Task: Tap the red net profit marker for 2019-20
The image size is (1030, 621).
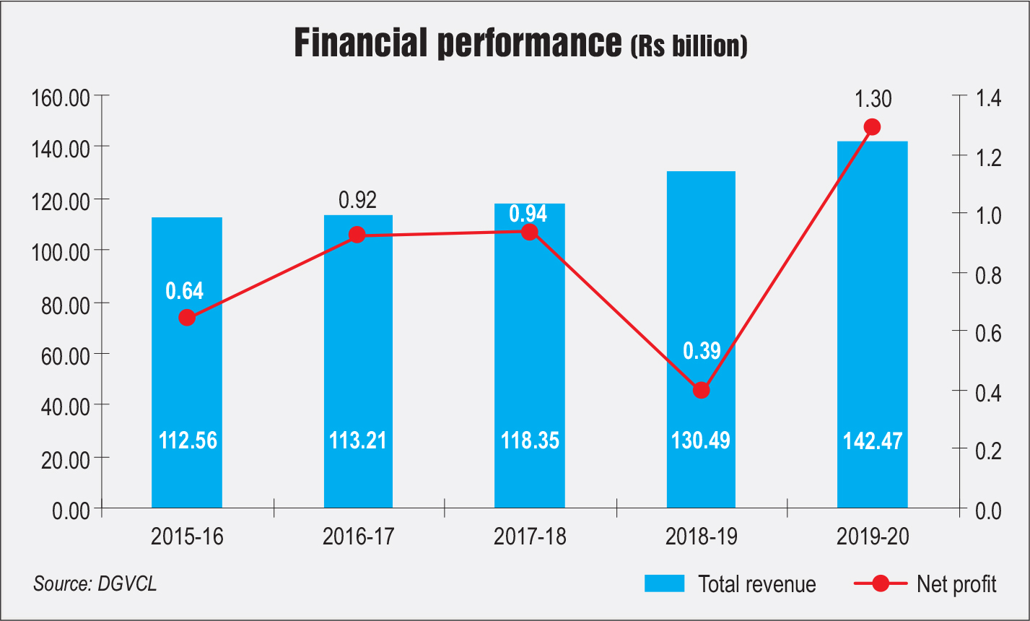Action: pos(872,127)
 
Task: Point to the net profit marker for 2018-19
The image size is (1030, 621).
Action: pos(701,390)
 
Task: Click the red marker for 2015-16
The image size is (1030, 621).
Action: pos(187,318)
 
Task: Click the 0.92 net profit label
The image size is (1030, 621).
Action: pos(358,200)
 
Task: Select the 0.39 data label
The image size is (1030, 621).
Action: pos(701,351)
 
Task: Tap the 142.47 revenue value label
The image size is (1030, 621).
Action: pos(872,440)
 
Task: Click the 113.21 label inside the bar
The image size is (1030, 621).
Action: pos(358,440)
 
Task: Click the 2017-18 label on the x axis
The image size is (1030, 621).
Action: pos(530,537)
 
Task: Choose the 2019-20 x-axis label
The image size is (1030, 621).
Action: pos(872,537)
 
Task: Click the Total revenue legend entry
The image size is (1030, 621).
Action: pos(730,583)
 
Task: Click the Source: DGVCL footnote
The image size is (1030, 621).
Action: pos(95,583)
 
